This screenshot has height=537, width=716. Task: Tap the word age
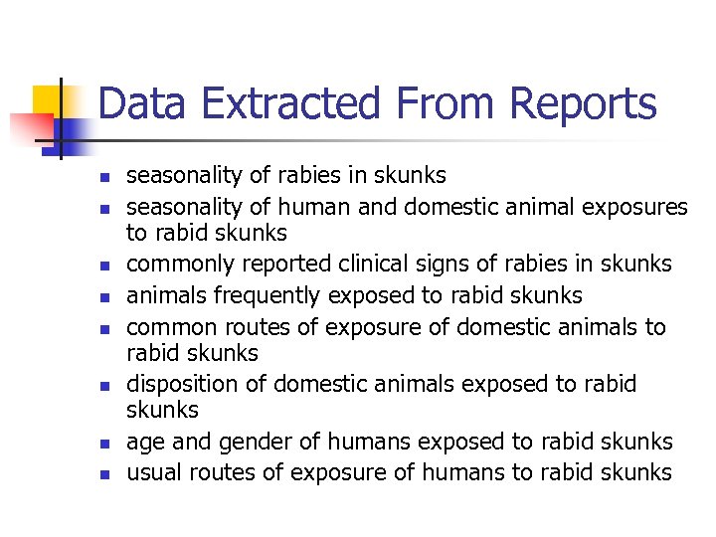[x=143, y=442]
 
